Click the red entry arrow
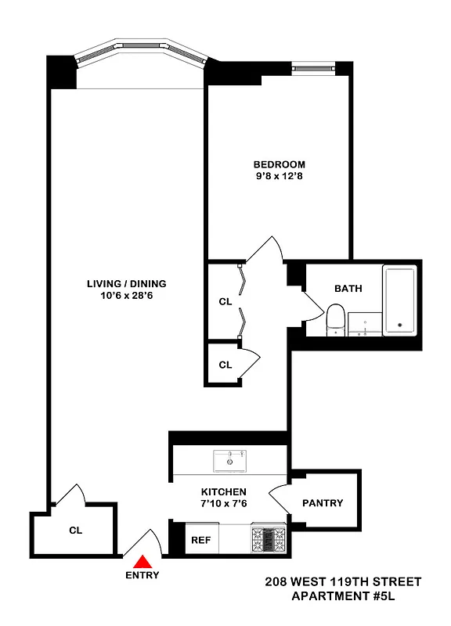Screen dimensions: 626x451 click(x=143, y=561)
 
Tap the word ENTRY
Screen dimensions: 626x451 click(x=143, y=575)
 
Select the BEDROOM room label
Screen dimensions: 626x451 click(x=279, y=164)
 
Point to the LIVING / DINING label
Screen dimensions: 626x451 click(x=126, y=283)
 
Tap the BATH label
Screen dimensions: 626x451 click(x=348, y=288)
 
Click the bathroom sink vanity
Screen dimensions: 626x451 click(x=364, y=324)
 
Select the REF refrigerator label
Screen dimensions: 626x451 click(x=200, y=540)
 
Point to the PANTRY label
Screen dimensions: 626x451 click(x=322, y=503)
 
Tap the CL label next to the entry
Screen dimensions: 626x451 click(x=75, y=530)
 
